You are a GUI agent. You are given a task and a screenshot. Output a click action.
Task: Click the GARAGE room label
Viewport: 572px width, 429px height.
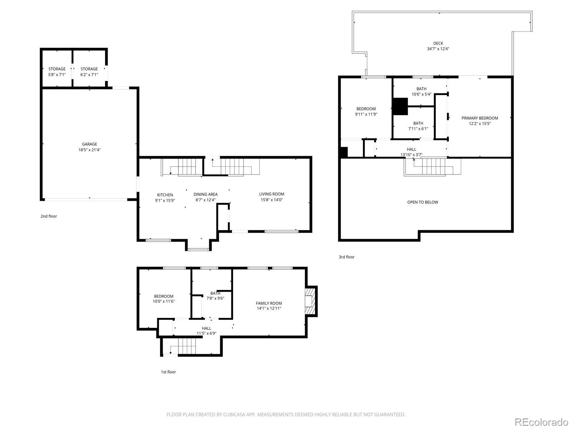(x=89, y=144)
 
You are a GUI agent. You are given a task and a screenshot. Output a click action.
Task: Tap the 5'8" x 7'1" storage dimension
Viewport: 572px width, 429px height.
(x=57, y=75)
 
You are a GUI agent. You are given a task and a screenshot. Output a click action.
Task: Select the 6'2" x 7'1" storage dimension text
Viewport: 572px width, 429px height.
(x=89, y=75)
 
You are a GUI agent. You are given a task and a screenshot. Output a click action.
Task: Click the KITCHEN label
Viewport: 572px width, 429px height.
(x=165, y=195)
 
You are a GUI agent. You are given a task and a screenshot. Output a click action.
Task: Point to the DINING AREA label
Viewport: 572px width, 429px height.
(x=206, y=194)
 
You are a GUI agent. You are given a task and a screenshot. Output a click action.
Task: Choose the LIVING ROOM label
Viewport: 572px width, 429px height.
(x=272, y=194)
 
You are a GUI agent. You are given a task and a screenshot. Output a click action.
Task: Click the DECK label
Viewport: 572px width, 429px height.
(x=438, y=43)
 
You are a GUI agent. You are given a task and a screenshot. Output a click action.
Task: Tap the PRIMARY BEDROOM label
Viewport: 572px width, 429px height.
(x=480, y=118)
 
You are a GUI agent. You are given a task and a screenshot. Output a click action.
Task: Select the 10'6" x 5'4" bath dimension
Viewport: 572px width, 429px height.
(x=421, y=94)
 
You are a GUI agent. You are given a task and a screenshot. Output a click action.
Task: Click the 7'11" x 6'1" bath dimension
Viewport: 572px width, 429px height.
(x=418, y=129)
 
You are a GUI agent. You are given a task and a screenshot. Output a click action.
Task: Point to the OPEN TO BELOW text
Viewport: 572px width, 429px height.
(x=423, y=202)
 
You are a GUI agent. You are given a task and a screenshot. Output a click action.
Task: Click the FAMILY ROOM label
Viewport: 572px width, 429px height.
(x=269, y=303)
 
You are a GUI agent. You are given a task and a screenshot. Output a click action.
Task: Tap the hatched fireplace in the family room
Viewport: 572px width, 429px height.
(x=311, y=301)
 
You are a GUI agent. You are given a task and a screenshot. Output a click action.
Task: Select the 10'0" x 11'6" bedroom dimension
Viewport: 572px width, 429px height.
(x=164, y=301)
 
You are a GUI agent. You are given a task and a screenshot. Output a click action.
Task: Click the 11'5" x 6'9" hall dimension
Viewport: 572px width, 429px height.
(x=206, y=334)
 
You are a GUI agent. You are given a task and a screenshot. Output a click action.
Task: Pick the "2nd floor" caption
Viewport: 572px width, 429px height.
(x=49, y=216)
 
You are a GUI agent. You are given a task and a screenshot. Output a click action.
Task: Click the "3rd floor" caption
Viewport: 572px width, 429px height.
(x=346, y=257)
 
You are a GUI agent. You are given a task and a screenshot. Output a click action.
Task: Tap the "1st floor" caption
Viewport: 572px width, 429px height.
(x=168, y=372)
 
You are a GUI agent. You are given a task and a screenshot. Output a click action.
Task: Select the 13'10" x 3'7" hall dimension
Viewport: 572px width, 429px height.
(x=411, y=155)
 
